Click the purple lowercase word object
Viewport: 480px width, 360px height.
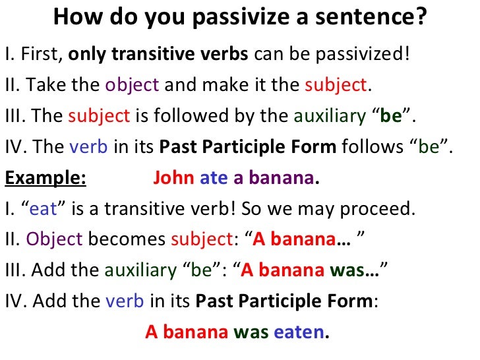(x=132, y=84)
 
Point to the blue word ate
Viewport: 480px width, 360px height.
(x=213, y=178)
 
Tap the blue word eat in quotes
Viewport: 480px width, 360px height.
(x=44, y=210)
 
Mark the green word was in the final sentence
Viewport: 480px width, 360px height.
(x=251, y=332)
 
